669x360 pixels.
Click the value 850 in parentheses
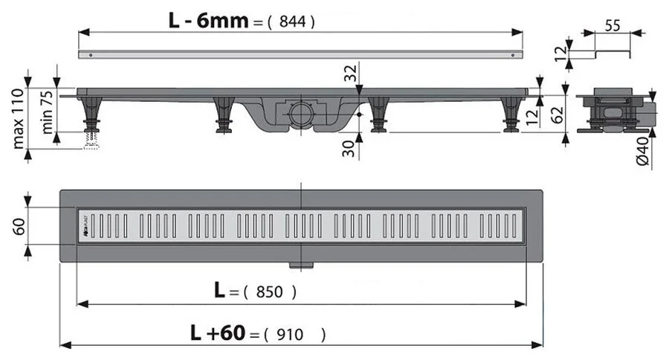269,292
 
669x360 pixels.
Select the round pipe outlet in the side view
302,115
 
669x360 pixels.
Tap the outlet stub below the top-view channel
301,265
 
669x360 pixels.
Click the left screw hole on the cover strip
91,55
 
